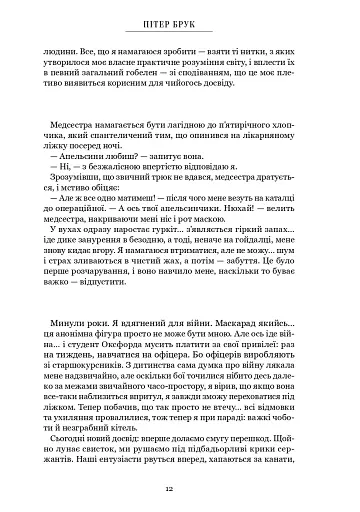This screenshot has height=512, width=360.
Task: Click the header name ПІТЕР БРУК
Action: [180, 21]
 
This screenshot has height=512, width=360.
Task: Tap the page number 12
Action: [180, 490]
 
